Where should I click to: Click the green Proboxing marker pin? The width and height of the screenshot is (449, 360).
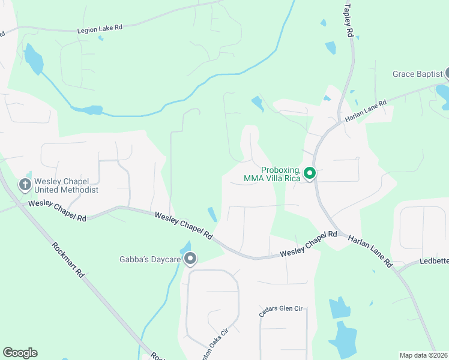pyautogui.click(x=310, y=173)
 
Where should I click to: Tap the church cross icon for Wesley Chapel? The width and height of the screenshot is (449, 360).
pyautogui.click(x=25, y=184)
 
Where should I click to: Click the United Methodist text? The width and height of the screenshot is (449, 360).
pyautogui.click(x=66, y=189)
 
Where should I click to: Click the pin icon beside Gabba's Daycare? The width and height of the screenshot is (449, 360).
pyautogui.click(x=190, y=259)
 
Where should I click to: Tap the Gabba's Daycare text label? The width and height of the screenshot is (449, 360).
pyautogui.click(x=150, y=260)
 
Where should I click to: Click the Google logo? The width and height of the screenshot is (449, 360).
pyautogui.click(x=20, y=353)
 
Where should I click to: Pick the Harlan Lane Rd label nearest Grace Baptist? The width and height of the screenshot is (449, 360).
pyautogui.click(x=366, y=111)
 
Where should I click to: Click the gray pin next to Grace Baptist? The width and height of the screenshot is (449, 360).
pyautogui.click(x=447, y=74)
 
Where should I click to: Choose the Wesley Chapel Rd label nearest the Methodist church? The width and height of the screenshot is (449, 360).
pyautogui.click(x=58, y=212)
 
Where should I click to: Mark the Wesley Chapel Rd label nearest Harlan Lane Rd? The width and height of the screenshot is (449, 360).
pyautogui.click(x=308, y=245)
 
